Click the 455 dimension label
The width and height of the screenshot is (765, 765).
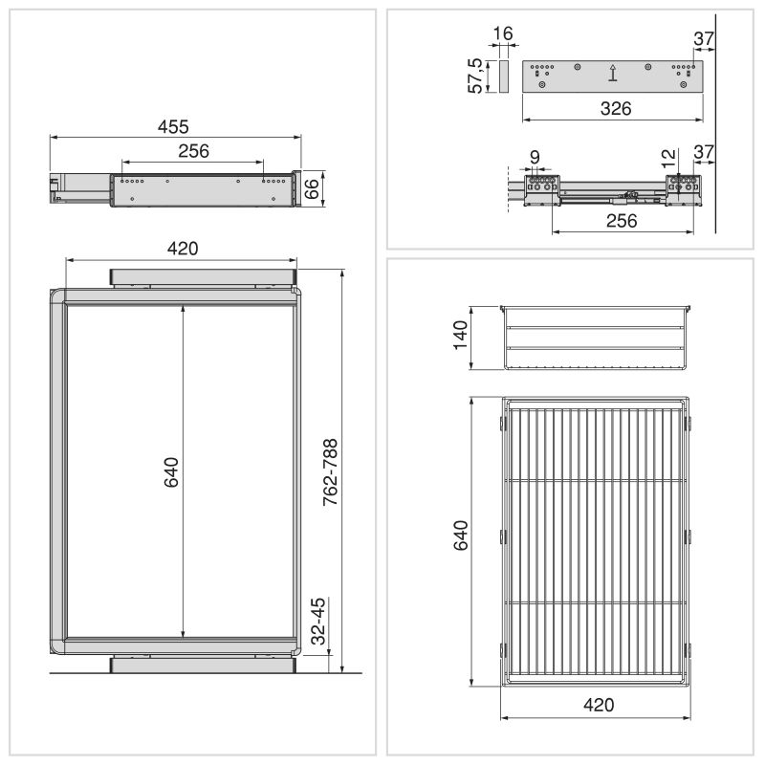[173, 127]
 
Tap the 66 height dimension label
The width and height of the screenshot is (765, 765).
[312, 189]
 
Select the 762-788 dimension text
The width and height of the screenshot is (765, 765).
[330, 471]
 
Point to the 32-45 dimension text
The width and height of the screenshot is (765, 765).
[317, 621]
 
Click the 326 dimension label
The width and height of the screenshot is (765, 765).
[616, 108]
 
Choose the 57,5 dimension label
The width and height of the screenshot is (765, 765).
[474, 76]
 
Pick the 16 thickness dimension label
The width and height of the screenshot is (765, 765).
[503, 33]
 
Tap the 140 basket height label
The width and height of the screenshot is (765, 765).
[461, 336]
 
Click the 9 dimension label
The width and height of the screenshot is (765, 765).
[535, 157]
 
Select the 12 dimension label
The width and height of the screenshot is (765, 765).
[668, 158]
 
